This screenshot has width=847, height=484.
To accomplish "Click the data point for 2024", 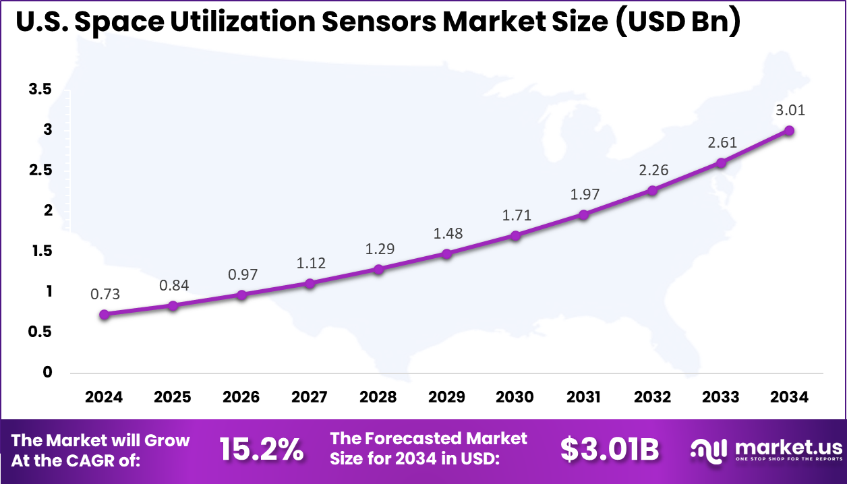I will pos(104,314).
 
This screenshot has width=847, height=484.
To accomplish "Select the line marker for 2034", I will pos(788,130).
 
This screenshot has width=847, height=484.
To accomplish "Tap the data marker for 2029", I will pos(446,253).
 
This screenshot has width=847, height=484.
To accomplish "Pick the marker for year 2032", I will pos(652,190).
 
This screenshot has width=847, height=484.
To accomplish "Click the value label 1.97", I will pos(583,195).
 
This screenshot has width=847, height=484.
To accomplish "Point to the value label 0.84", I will pos(174,285).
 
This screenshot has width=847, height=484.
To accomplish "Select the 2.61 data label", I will pos(722,142).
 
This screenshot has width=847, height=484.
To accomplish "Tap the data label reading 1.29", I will pos(380,249).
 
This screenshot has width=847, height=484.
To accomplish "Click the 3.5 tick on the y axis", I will pos(40,89).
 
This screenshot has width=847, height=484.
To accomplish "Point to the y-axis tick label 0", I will pos(47,372).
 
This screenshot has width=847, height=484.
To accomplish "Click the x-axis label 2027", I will pos(310,397).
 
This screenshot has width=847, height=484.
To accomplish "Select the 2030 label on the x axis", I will pos(515,397).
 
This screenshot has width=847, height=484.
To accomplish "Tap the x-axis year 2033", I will pos(720,397).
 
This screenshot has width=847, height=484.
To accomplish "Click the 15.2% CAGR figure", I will pos(262,450).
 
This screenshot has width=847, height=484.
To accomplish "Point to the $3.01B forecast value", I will pos(610,450).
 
